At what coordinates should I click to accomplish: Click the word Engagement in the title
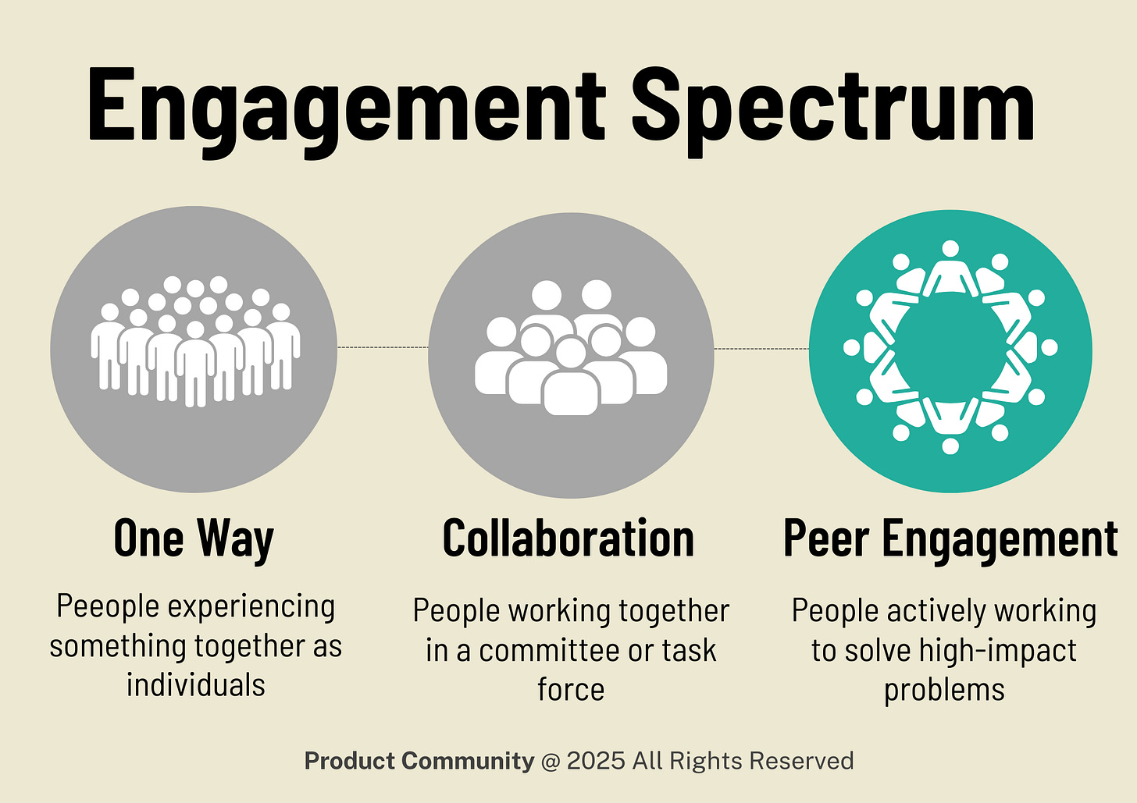coord(347,105)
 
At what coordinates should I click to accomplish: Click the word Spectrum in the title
coord(832,105)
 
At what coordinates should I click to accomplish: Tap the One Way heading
coord(194,538)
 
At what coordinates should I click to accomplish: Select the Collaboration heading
coord(568,538)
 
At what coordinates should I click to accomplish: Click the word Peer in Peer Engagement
coord(825,538)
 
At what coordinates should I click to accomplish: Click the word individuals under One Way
coord(196,685)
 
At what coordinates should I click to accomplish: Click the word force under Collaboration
coord(571,690)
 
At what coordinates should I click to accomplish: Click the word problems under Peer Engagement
coord(944,690)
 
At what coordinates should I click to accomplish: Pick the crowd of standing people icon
coord(195,343)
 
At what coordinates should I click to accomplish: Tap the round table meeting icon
coord(950,348)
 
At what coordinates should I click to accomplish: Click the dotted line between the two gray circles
coord(383,347)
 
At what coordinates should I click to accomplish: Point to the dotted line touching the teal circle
coord(761,349)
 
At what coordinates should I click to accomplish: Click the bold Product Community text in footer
coord(419,761)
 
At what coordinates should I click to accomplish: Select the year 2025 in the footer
coord(596,761)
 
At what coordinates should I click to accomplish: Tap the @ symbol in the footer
coord(551,761)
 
